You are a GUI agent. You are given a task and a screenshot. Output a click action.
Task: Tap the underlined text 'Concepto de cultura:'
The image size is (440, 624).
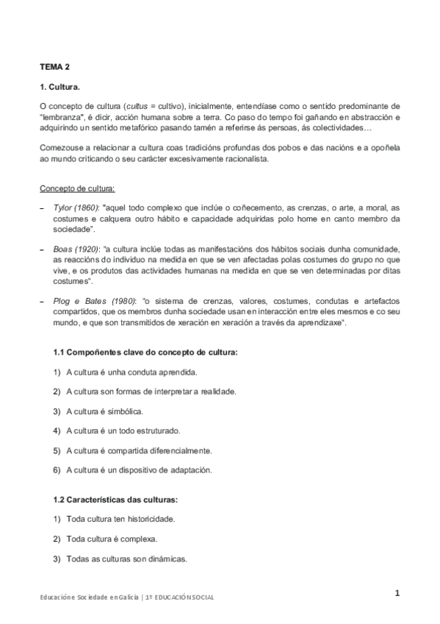(x=76, y=188)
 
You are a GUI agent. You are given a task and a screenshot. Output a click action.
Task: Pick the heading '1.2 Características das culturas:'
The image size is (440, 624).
(x=116, y=500)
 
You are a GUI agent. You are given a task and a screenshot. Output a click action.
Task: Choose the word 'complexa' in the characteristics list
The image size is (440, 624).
(x=141, y=539)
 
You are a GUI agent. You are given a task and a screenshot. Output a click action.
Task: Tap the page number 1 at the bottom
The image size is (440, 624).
(x=397, y=594)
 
